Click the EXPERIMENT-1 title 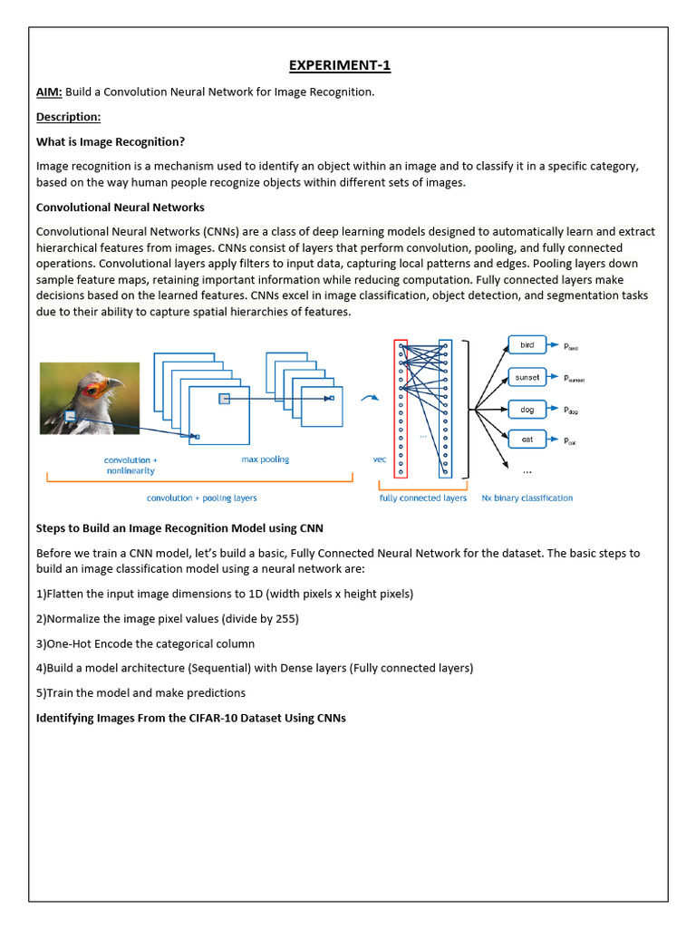coord(340,65)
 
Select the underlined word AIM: coord(49,92)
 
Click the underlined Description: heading coord(68,117)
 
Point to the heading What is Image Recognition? coord(111,141)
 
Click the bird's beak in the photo coord(115,384)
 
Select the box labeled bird coord(527,345)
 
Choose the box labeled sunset coord(527,377)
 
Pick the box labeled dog coord(527,410)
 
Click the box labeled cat coord(527,440)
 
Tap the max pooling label coord(265,459)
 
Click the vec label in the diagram coord(380,459)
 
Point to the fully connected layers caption coord(423,498)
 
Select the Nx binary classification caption coord(527,498)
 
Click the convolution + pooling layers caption coord(202,498)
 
